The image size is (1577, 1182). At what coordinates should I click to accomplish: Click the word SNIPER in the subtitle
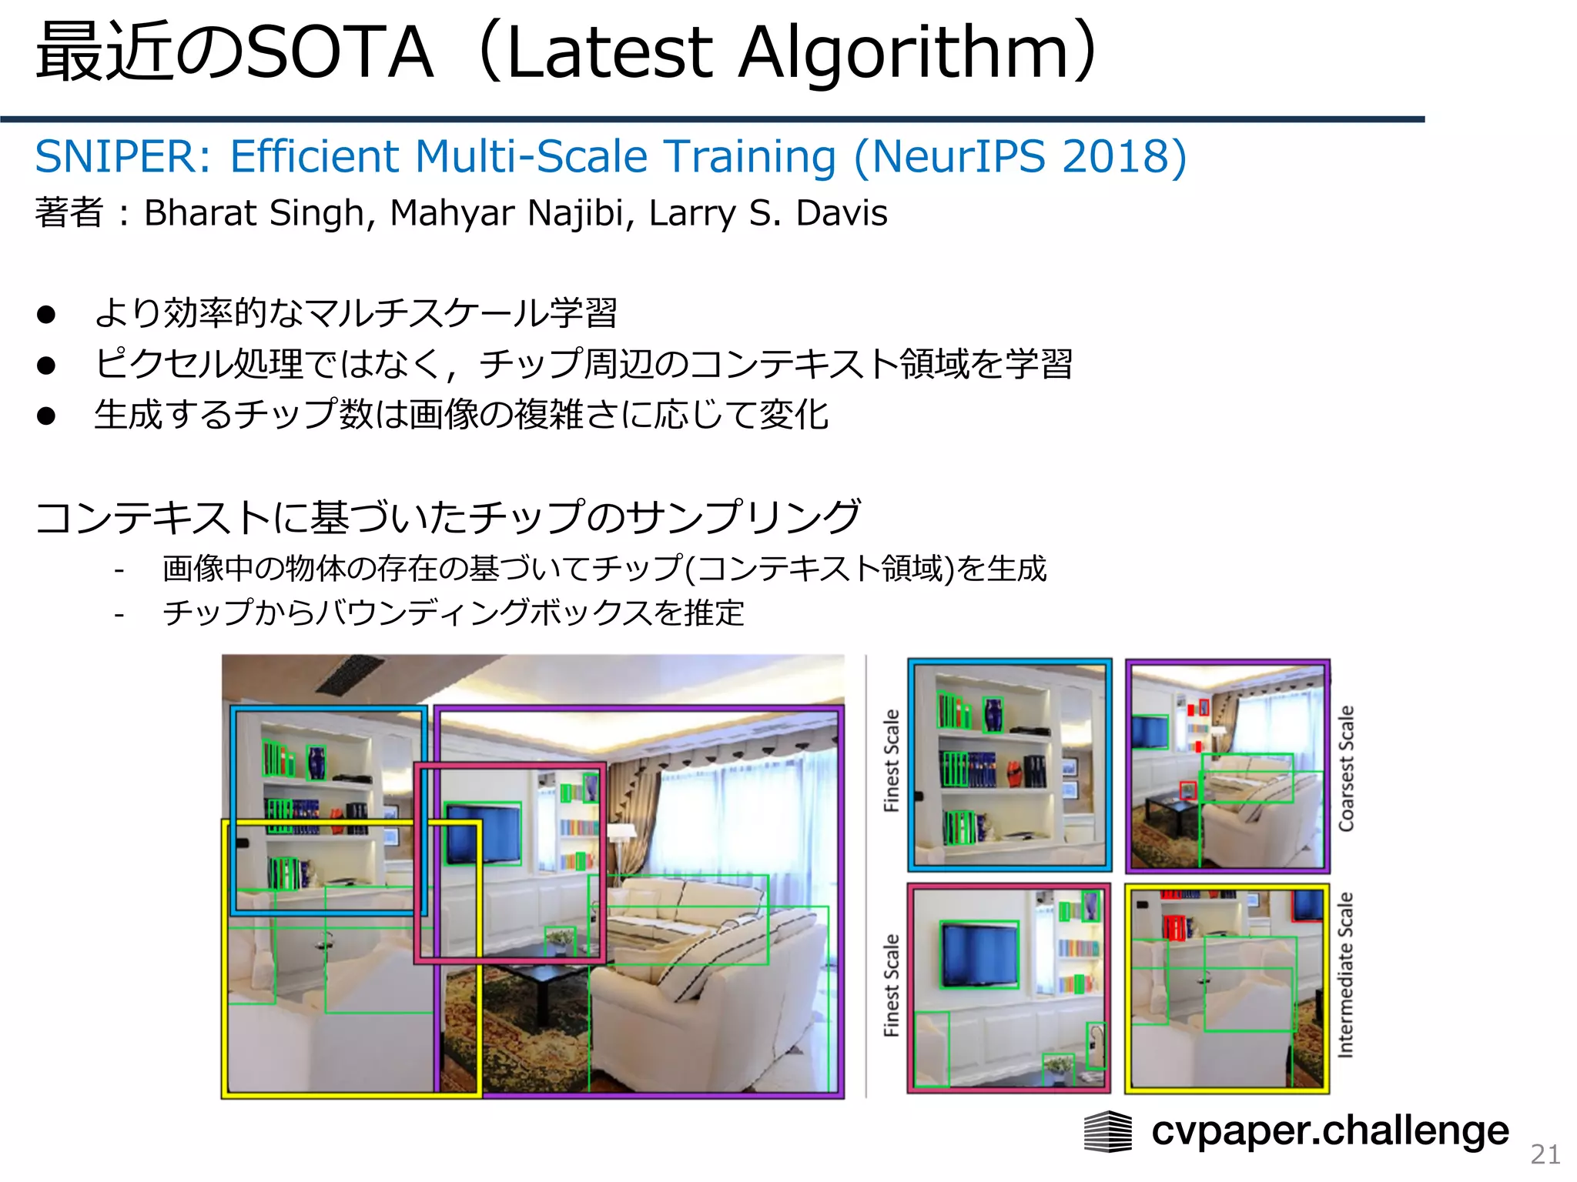click(116, 157)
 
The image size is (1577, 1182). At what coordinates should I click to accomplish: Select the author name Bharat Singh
click(254, 213)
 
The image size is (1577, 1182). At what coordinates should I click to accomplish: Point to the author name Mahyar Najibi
click(508, 213)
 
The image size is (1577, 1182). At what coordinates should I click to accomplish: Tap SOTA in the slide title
click(339, 54)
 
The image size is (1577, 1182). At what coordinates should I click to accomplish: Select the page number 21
click(1545, 1154)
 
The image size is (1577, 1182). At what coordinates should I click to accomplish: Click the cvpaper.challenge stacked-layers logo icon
click(1107, 1132)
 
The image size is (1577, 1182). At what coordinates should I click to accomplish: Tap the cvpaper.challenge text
click(1330, 1131)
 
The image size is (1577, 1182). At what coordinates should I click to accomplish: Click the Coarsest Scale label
click(1346, 768)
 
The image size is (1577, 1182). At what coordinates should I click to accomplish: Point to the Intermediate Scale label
click(1345, 975)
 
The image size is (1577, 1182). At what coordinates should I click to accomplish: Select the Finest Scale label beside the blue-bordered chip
click(891, 760)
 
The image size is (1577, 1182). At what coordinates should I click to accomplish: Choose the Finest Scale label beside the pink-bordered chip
click(891, 985)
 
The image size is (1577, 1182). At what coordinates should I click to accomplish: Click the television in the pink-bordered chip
click(979, 954)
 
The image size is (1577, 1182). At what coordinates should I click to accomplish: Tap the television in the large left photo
click(483, 833)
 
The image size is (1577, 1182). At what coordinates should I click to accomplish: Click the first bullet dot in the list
click(46, 315)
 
